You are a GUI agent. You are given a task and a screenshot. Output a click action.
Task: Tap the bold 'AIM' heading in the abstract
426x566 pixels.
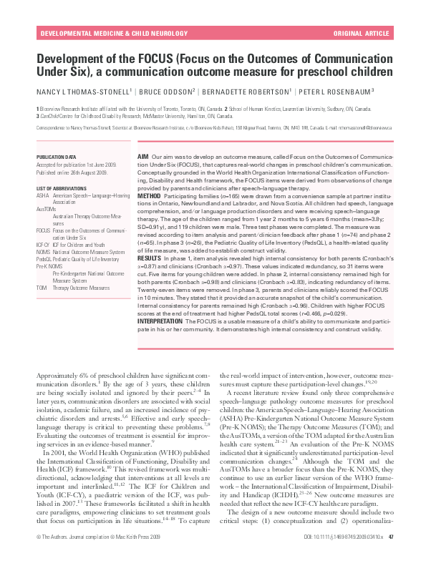click(x=142, y=155)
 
